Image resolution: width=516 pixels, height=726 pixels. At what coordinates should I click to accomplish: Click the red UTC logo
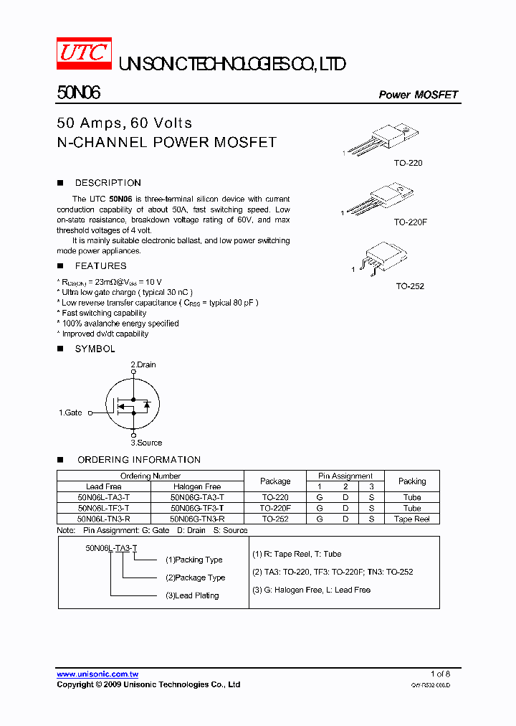tap(83, 53)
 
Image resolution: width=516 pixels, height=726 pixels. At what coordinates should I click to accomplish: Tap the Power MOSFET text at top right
tap(418, 95)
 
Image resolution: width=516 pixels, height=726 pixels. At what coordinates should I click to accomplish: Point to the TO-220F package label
tap(410, 222)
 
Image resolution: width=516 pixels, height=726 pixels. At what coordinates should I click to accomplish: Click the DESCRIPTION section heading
tap(107, 183)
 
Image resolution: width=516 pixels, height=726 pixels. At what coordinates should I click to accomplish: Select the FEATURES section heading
tap(100, 266)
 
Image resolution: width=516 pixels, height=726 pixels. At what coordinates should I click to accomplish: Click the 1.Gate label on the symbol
tap(70, 412)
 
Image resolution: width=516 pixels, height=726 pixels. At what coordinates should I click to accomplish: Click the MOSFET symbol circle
tap(133, 404)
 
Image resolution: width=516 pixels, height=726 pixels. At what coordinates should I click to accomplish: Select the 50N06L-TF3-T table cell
tap(104, 508)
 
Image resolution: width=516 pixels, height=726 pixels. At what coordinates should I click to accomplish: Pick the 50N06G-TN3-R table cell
tap(197, 519)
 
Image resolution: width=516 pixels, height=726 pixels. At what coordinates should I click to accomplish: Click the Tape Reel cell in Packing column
tap(411, 519)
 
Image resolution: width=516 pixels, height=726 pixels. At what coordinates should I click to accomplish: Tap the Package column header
tap(275, 481)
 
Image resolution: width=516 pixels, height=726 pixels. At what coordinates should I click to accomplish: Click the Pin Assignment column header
tap(345, 476)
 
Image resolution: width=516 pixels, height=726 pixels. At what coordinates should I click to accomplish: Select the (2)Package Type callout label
tap(195, 577)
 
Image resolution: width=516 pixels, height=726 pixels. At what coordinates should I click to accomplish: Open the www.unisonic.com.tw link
tap(97, 674)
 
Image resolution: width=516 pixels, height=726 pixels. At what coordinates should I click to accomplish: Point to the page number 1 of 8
tap(440, 674)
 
